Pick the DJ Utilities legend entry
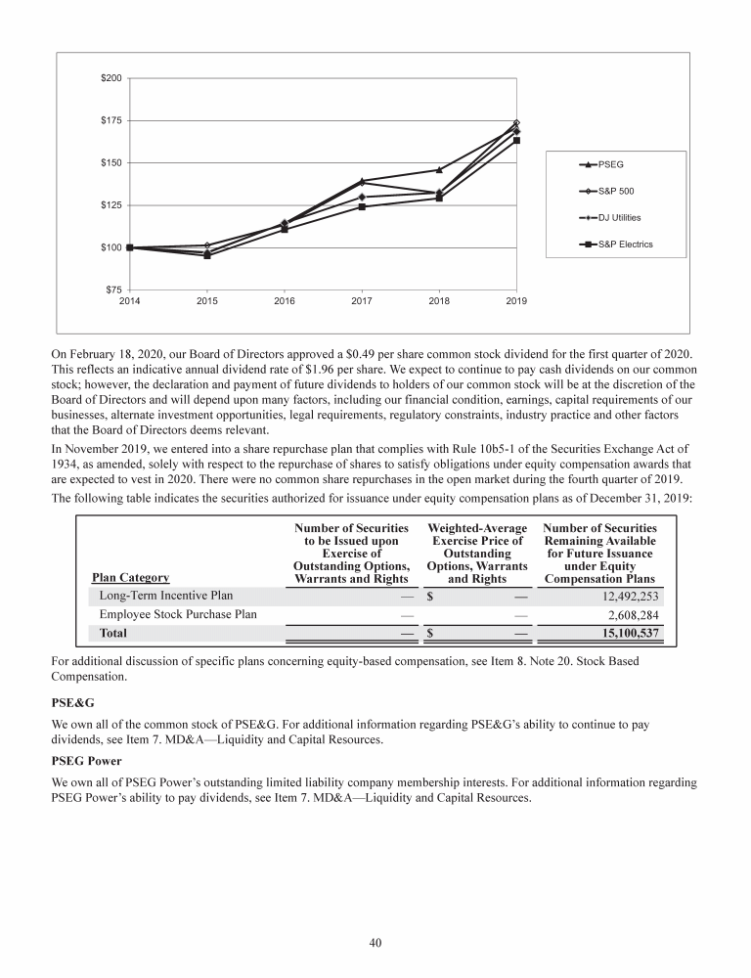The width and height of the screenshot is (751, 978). click(619, 217)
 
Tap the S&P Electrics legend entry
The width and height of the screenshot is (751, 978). click(625, 244)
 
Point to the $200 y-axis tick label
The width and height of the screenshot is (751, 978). click(110, 78)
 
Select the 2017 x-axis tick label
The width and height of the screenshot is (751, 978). click(362, 301)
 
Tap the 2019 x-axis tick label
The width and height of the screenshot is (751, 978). click(516, 301)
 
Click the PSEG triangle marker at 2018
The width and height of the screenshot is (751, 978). click(439, 170)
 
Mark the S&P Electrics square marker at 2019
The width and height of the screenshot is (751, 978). click(516, 140)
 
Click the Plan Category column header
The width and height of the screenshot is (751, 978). click(130, 577)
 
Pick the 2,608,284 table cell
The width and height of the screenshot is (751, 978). click(626, 614)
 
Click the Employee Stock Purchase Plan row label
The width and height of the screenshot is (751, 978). click(179, 614)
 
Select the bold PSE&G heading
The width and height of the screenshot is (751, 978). click(71, 702)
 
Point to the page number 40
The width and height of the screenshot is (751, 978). click(375, 943)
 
